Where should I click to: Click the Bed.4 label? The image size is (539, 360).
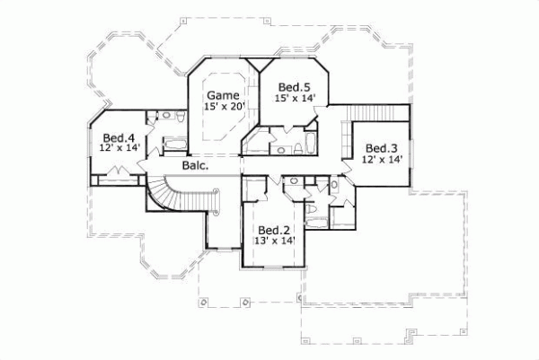tap(119, 137)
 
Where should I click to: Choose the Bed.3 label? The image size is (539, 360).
tap(382, 148)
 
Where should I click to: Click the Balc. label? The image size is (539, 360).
tap(195, 166)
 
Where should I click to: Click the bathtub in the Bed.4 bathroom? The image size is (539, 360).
tap(172, 143)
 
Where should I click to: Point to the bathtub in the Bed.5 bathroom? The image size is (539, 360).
tap(307, 144)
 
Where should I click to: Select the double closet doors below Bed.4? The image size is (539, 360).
tap(117, 179)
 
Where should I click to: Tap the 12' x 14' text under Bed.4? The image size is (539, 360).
tap(119, 149)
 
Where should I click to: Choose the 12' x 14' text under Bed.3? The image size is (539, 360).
tap(382, 160)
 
